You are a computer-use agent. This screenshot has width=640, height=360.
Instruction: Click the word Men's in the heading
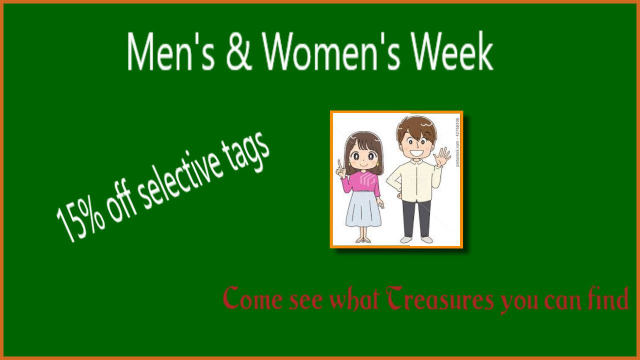point(171,51)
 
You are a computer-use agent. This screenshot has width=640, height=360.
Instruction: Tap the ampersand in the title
point(239,51)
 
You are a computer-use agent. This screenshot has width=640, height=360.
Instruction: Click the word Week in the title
point(452,50)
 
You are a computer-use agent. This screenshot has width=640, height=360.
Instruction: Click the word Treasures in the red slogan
point(440,298)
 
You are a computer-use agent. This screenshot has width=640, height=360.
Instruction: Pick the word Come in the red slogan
point(253,298)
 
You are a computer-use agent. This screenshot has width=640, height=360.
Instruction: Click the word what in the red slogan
point(354,298)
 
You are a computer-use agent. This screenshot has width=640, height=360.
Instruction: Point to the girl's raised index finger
point(339,165)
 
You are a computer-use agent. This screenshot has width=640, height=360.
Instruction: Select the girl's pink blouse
point(361,183)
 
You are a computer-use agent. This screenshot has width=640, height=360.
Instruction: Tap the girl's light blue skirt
point(363,209)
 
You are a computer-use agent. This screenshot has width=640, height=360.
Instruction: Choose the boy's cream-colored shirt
point(415,180)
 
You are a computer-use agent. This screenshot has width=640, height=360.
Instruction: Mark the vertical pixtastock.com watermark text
point(457,142)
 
